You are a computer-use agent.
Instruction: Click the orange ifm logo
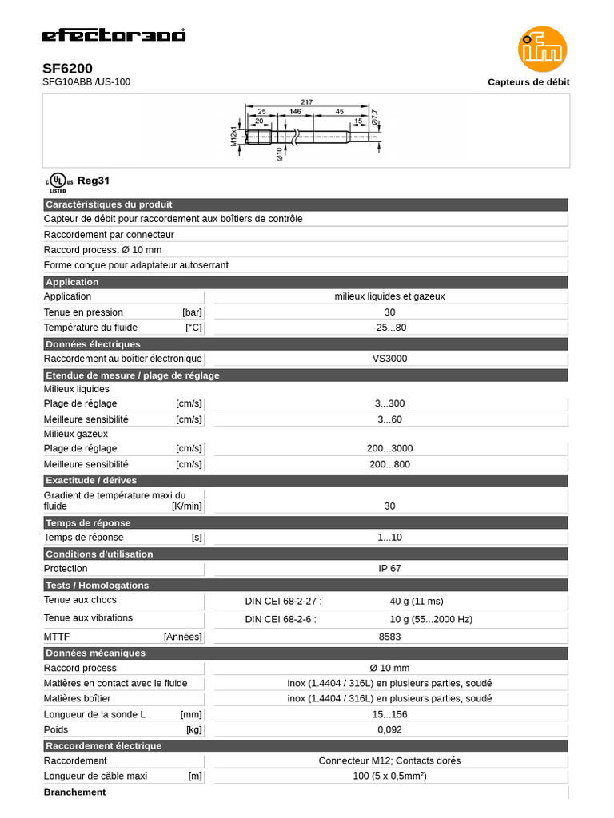(542, 50)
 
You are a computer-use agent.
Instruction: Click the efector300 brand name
(114, 35)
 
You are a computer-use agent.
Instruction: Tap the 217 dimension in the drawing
(307, 101)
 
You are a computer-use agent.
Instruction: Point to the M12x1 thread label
(235, 135)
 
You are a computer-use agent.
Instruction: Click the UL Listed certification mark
(58, 183)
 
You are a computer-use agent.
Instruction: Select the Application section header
(72, 282)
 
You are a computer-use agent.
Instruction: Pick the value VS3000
(389, 359)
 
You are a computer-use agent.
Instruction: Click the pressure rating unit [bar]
(192, 312)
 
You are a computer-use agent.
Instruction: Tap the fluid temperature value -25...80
(389, 328)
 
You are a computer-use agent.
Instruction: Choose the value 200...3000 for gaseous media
(389, 449)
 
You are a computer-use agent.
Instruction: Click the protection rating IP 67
(389, 569)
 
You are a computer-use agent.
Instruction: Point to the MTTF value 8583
(389, 637)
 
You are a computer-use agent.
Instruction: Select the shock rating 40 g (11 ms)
(416, 601)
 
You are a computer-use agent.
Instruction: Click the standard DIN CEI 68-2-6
(280, 619)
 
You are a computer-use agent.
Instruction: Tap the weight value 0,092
(389, 730)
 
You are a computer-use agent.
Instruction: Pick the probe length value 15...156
(389, 714)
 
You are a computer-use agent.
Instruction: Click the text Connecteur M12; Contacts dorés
(389, 760)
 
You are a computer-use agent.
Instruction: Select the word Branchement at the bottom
(74, 792)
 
